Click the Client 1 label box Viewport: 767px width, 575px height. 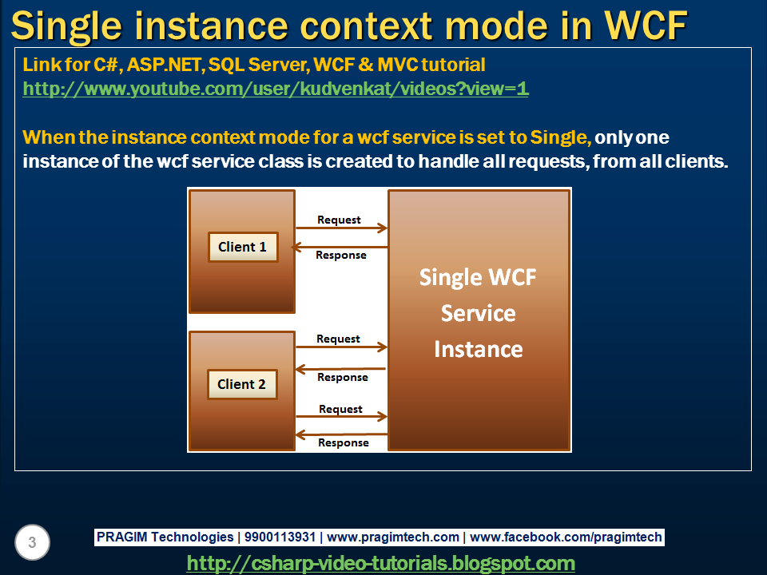pyautogui.click(x=243, y=247)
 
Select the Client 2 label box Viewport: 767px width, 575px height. pyautogui.click(x=242, y=384)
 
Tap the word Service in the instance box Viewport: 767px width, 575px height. pyautogui.click(x=479, y=313)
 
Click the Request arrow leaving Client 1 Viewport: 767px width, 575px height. pyautogui.click(x=341, y=228)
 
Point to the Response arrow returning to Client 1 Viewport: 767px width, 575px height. pyautogui.click(x=340, y=248)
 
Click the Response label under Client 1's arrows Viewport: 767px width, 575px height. pyautogui.click(x=341, y=256)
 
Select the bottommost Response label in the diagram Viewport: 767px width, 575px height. pyautogui.click(x=344, y=442)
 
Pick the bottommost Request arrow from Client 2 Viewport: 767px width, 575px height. pyautogui.click(x=341, y=417)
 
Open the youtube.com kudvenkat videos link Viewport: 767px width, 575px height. pyautogui.click(x=276, y=89)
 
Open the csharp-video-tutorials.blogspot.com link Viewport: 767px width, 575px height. pyautogui.click(x=380, y=563)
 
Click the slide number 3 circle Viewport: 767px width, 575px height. pyautogui.click(x=32, y=542)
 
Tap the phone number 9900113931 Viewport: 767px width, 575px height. pyautogui.click(x=280, y=537)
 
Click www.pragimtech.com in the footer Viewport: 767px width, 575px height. pyautogui.click(x=393, y=537)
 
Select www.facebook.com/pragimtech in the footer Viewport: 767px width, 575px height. pyautogui.click(x=566, y=537)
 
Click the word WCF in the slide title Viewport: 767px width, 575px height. pyautogui.click(x=646, y=26)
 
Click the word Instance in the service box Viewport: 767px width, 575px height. pyautogui.click(x=479, y=349)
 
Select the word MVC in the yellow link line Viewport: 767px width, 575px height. pyautogui.click(x=398, y=65)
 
